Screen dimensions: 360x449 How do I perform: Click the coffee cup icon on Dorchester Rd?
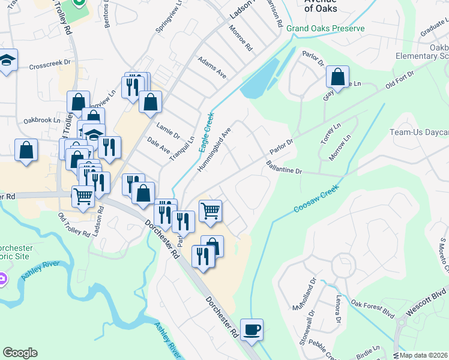252,329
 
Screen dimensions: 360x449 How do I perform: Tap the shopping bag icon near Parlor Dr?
338,76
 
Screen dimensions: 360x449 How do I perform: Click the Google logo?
20,353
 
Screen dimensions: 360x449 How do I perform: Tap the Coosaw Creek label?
316,198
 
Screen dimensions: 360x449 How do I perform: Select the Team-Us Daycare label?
419,132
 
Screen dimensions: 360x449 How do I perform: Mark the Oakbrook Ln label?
43,119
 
